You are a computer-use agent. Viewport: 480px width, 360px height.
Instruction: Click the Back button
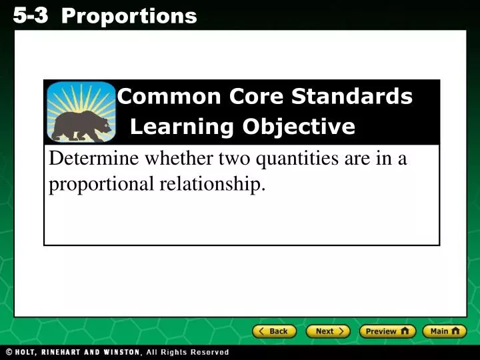point(274,331)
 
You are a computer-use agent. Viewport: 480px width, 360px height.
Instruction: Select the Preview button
point(387,331)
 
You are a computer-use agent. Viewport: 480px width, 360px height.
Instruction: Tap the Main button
point(445,331)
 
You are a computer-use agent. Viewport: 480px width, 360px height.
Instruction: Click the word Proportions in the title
point(129,15)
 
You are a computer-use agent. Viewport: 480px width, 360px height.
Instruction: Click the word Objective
point(299,126)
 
